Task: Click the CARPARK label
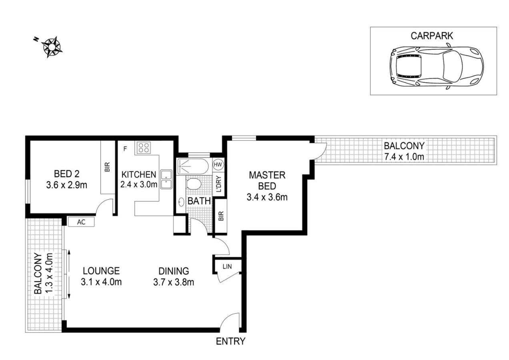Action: pos(432,36)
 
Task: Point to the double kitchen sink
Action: pos(166,180)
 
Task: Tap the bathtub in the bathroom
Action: pos(193,166)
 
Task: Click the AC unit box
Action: pos(81,222)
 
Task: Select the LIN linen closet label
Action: pos(227,266)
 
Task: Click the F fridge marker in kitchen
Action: pos(125,149)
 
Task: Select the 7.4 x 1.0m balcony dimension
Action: pos(404,157)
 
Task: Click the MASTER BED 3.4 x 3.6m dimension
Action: pos(267,197)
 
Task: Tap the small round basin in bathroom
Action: pos(181,202)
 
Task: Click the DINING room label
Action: pos(174,271)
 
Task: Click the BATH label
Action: pos(199,201)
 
